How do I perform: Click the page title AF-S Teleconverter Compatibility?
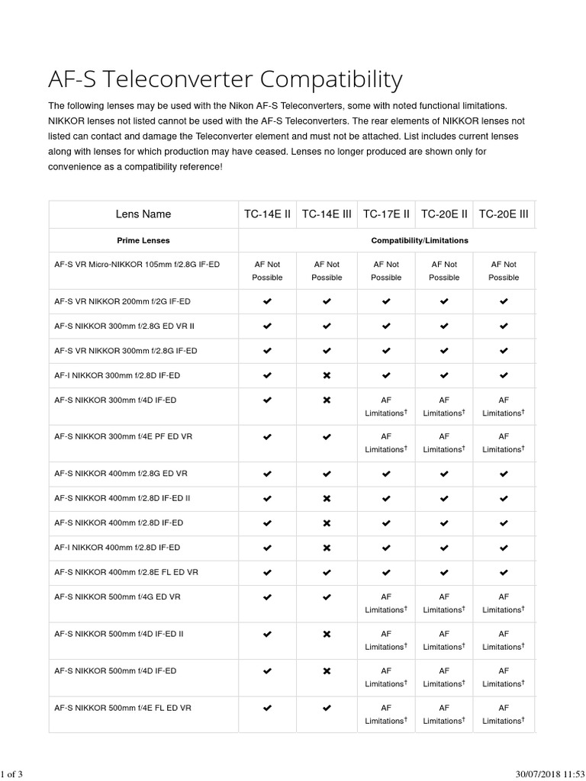[225, 79]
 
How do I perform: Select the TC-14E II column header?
[267, 214]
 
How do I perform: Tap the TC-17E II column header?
[386, 214]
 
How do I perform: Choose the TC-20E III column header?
[503, 214]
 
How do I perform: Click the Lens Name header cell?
[143, 214]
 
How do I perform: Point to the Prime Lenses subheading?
[143, 240]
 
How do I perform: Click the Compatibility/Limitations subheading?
[420, 240]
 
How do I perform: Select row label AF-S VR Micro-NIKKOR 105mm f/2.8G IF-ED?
[137, 265]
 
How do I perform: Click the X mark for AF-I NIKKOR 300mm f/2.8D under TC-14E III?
[327, 376]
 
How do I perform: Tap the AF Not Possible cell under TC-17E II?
[386, 271]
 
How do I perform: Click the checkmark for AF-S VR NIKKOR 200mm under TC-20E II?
[444, 302]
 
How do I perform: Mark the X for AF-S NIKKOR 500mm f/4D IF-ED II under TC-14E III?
[327, 634]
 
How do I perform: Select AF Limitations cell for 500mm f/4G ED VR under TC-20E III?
[504, 603]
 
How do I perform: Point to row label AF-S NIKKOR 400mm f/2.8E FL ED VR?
[127, 572]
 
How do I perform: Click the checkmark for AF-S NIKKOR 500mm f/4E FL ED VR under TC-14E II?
[267, 708]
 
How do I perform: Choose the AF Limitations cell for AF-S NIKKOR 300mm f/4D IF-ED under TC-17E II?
[386, 406]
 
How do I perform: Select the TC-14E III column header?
[327, 214]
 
